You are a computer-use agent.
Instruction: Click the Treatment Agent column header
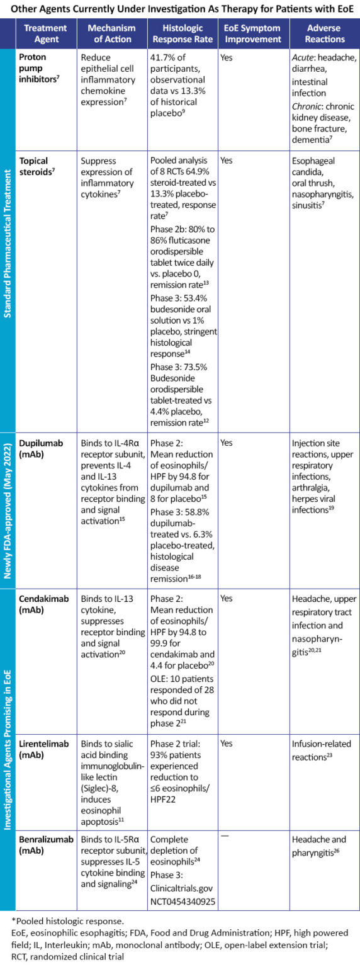[45, 33]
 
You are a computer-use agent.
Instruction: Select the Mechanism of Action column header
[111, 33]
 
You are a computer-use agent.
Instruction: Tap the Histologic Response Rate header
[181, 33]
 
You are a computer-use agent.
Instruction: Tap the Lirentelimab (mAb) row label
[43, 749]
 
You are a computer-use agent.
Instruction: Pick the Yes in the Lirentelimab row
[227, 744]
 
